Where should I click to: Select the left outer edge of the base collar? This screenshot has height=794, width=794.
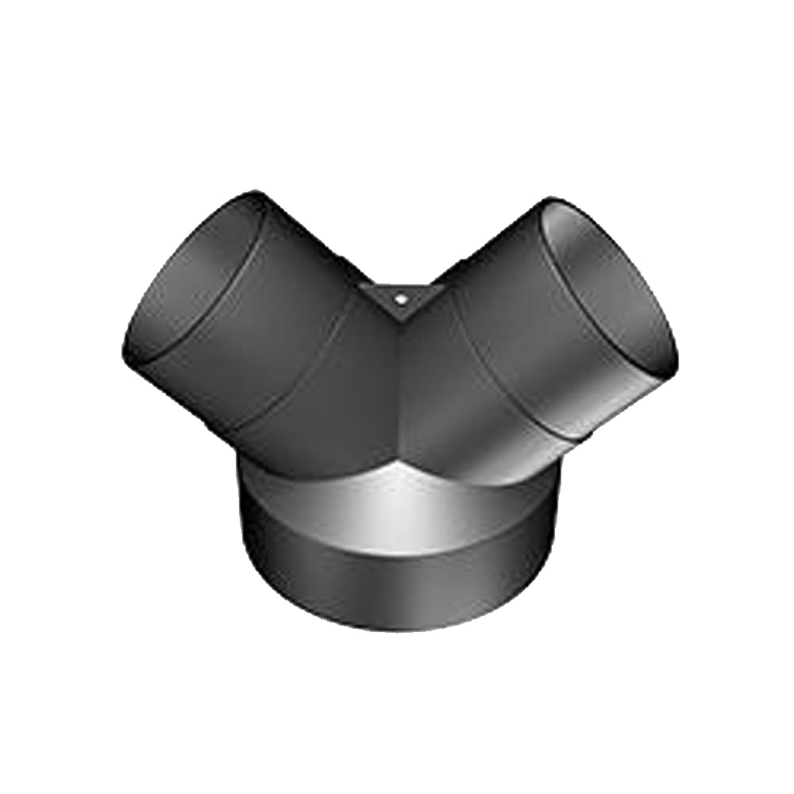point(241,540)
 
